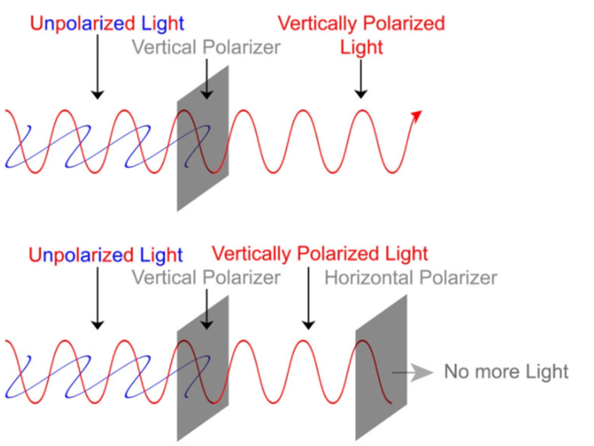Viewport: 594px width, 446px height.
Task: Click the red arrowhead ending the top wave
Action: pos(418,115)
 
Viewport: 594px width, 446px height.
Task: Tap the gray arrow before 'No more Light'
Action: pos(412,373)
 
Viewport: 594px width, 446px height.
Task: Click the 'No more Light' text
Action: pos(506,372)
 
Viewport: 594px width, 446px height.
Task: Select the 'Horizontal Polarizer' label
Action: pos(410,278)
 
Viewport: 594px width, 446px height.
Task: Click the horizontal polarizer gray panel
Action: pos(381,368)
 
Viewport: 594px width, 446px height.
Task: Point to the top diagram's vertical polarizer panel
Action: pos(202,138)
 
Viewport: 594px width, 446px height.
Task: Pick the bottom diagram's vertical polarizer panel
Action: pos(202,368)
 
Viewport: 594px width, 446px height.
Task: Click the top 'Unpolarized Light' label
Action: pos(107,24)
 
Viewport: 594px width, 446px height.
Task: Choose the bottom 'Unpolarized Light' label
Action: pos(106,255)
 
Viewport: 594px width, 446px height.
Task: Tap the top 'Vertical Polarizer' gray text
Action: pos(206,48)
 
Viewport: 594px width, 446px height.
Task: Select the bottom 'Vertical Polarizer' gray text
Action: pos(206,278)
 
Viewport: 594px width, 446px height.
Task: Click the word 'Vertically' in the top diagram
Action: pos(317,24)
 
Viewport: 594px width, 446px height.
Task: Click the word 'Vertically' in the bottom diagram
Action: pos(251,255)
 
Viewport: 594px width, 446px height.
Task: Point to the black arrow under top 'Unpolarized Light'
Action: pos(98,67)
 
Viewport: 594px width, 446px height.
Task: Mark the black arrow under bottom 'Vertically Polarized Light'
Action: pos(308,298)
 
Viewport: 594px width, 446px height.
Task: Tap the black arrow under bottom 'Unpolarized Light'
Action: pos(98,298)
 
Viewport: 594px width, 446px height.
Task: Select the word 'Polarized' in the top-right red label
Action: pos(403,23)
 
